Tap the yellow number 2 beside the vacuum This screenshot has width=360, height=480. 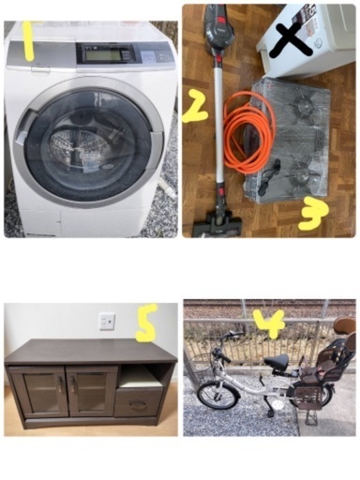click(x=195, y=106)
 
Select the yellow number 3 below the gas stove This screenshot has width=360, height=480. click(x=313, y=217)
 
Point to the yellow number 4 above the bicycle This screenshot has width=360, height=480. click(x=269, y=323)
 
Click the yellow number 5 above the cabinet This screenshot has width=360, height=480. click(x=146, y=322)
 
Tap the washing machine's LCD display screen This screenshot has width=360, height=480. click(x=103, y=55)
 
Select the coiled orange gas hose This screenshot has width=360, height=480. click(x=249, y=130)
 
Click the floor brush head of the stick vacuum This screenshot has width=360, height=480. click(x=217, y=224)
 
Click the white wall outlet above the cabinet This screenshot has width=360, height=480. click(x=107, y=322)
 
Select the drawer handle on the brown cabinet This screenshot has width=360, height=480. click(x=139, y=405)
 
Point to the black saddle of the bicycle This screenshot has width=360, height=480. click(x=277, y=361)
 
